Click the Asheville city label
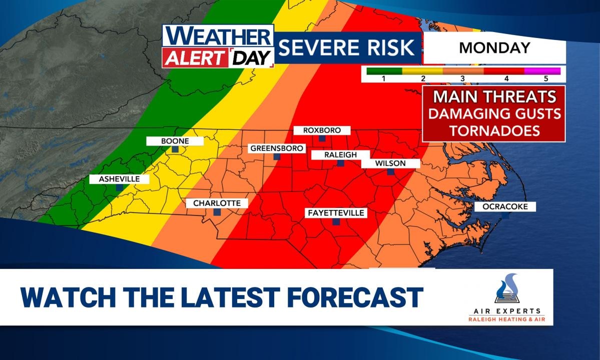coord(115,179)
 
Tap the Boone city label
coord(175,141)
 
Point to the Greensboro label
coord(277,148)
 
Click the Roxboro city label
coord(322,130)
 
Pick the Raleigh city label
coord(340,155)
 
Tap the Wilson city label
coord(390,163)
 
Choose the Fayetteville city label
coord(336,213)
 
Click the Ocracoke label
coord(504,206)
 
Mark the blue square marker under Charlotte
coord(217,212)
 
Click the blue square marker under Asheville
coord(119,187)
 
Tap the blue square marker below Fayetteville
coord(336,222)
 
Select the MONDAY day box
coord(494,48)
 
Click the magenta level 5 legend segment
coord(542,71)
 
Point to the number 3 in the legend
coord(463,78)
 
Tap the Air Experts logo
coord(507,298)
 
